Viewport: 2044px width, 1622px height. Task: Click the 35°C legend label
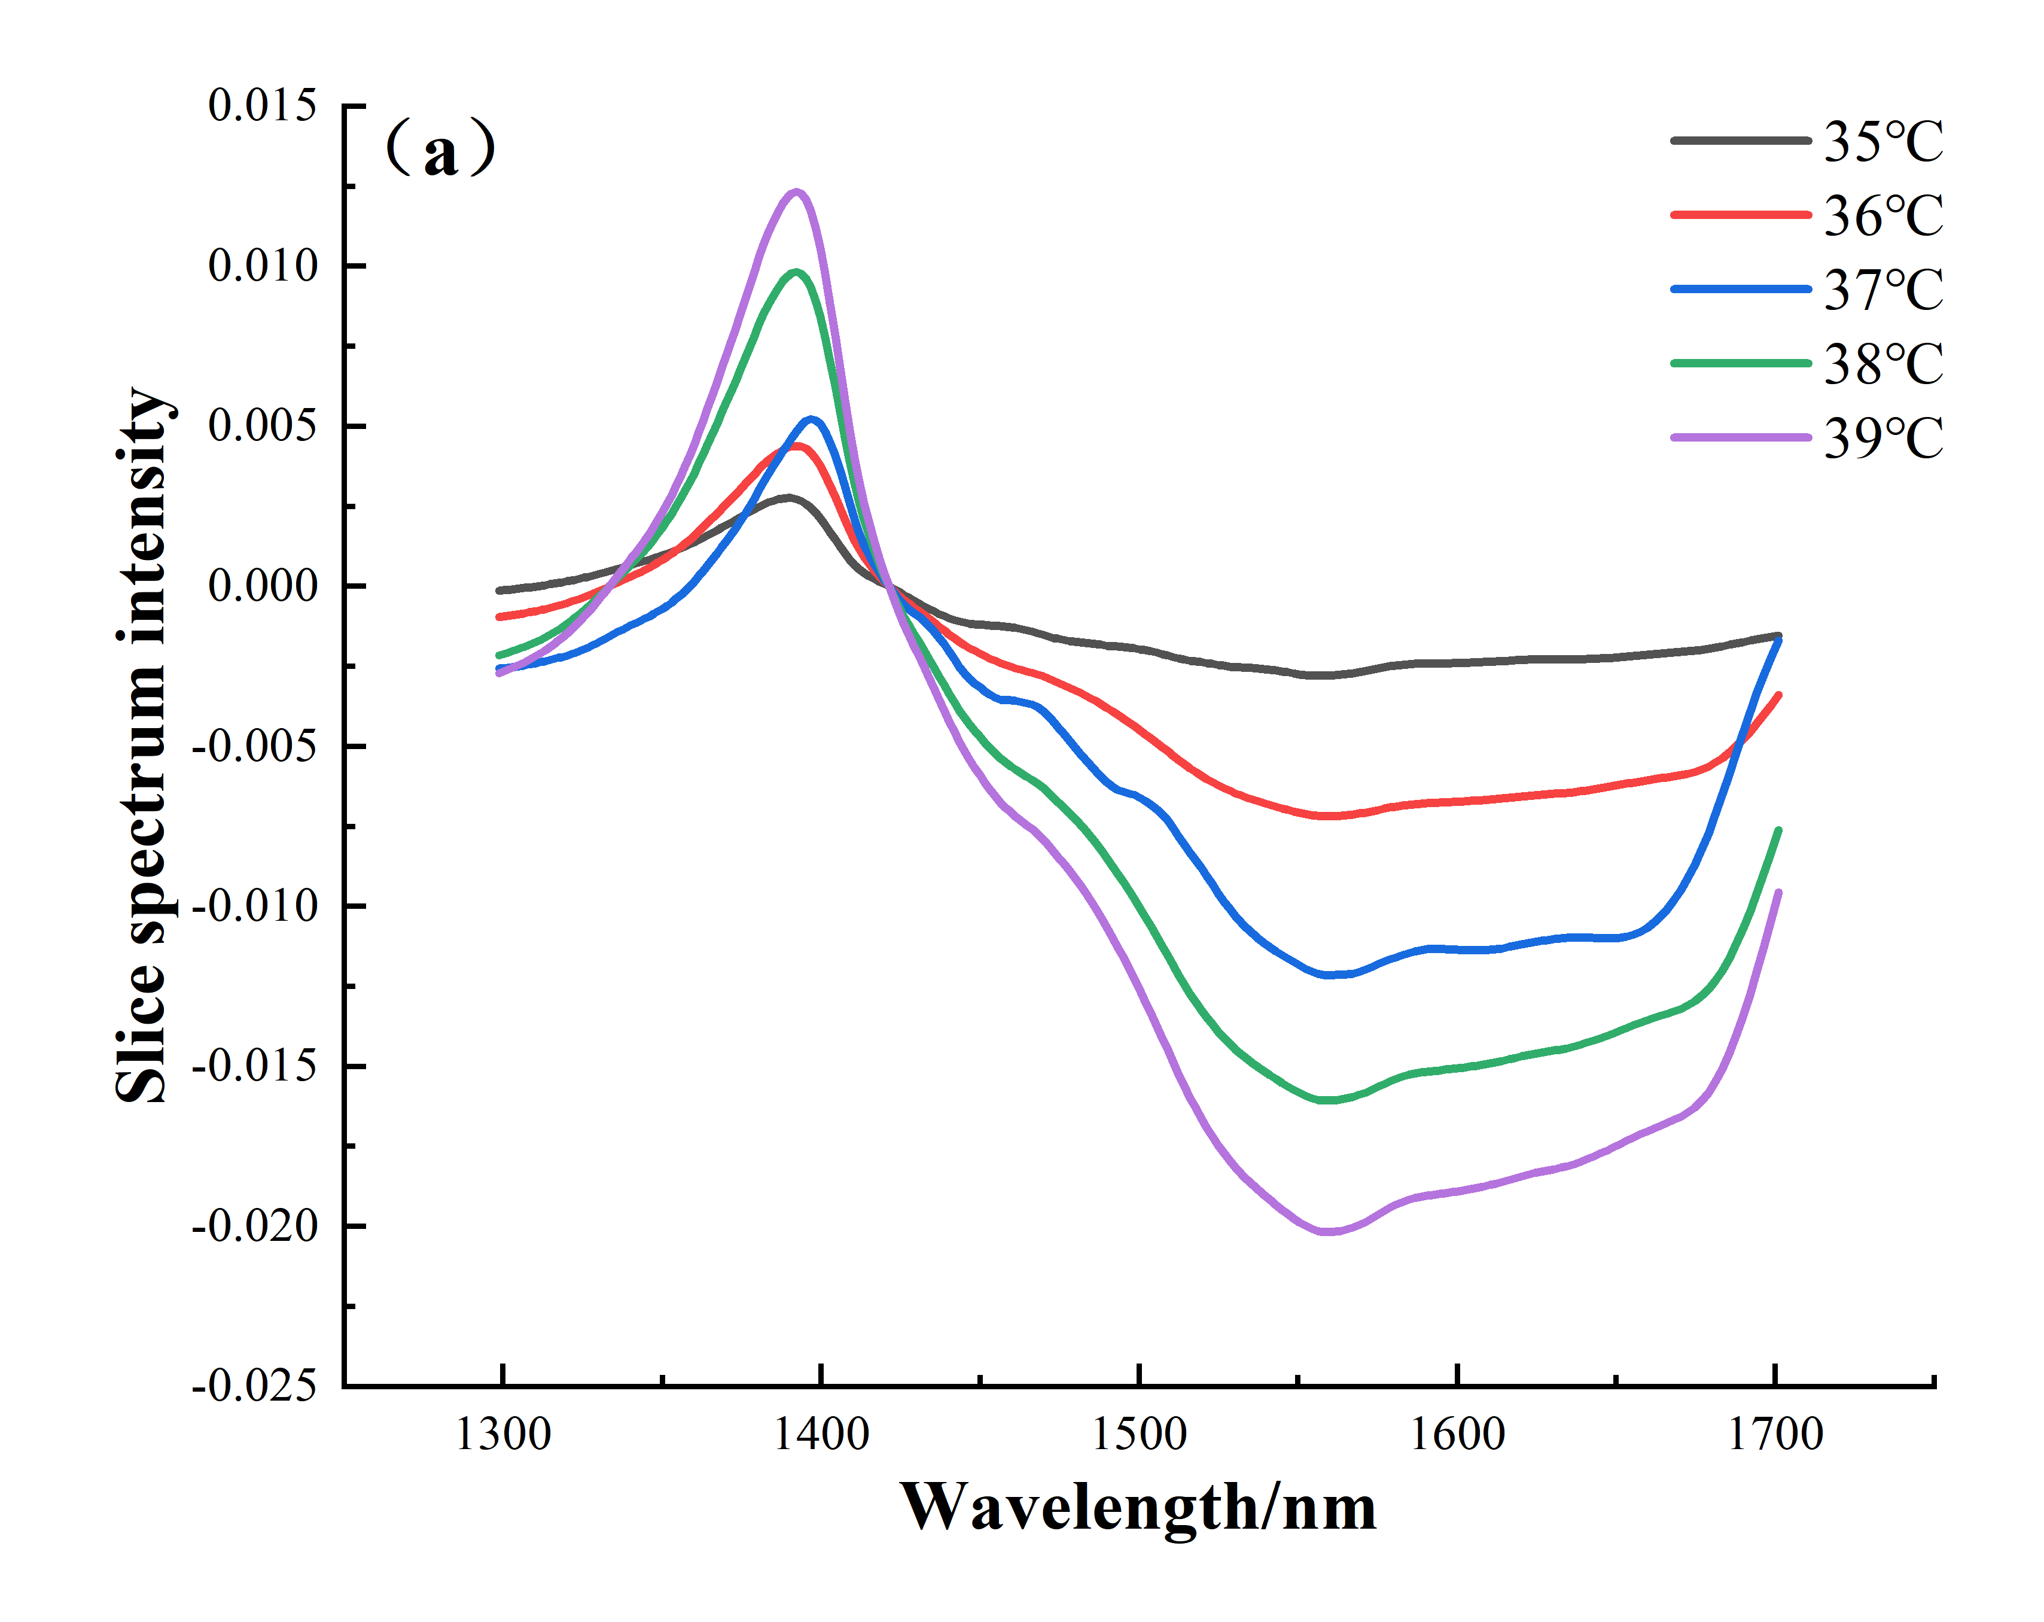[x=1883, y=142]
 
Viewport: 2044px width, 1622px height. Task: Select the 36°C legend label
[x=1883, y=216]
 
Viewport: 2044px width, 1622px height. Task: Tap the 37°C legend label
[x=1883, y=290]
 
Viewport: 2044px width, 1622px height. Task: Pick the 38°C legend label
[x=1883, y=364]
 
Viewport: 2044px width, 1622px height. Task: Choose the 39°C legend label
[x=1883, y=438]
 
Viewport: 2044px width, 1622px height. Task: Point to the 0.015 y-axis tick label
[x=261, y=105]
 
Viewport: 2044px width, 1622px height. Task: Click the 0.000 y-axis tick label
[x=261, y=586]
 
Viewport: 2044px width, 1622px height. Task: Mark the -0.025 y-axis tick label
[x=254, y=1386]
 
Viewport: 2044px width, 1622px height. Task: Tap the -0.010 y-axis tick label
[x=254, y=906]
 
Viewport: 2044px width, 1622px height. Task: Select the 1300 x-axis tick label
[x=502, y=1434]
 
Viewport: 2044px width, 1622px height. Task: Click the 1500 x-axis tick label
[x=1138, y=1434]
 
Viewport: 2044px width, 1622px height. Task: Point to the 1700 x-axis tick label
[x=1775, y=1434]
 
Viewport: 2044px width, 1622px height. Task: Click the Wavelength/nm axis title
[x=1138, y=1507]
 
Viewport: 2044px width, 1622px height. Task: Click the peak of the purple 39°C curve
[x=796, y=193]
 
